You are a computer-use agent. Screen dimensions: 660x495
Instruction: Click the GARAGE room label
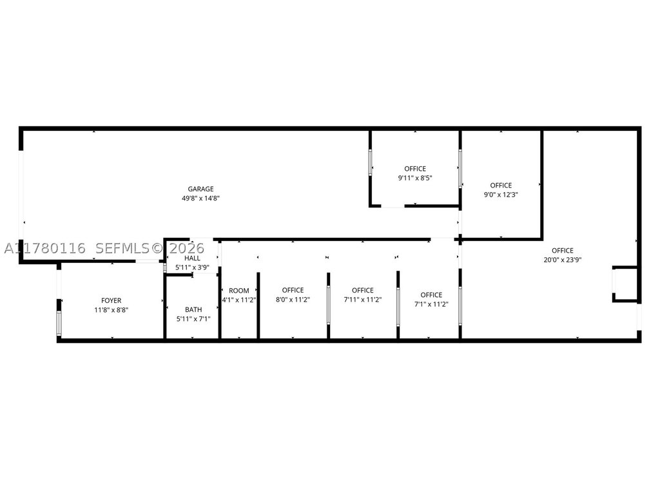201,189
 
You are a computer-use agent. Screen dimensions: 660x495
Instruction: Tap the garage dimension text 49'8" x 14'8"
201,199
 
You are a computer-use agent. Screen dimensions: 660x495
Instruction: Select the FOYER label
111,300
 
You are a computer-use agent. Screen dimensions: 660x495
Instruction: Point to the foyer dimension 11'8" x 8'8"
111,310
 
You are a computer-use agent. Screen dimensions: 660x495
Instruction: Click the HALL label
192,258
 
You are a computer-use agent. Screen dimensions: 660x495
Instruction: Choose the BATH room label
193,310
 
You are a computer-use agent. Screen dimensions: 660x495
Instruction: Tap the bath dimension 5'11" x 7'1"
193,319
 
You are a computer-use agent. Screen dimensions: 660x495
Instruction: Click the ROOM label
239,291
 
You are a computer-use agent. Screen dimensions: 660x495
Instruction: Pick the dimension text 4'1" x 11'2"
239,300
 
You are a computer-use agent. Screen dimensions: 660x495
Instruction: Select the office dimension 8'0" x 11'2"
293,300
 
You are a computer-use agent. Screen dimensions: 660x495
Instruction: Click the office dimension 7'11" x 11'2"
363,300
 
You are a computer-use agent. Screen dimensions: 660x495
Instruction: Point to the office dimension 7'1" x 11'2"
431,304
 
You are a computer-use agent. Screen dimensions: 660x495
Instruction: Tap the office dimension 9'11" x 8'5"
416,178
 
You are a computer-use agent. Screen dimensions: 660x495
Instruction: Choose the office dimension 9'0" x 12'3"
501,195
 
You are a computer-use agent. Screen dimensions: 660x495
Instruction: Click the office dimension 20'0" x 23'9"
563,260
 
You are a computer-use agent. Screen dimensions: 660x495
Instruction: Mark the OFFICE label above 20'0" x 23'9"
563,251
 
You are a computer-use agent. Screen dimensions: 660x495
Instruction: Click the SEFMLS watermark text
122,248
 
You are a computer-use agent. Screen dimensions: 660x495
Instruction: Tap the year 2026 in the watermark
187,248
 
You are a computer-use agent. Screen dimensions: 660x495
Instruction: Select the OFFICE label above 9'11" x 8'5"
416,169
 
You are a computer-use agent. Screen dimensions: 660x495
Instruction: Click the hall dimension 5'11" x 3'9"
192,267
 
